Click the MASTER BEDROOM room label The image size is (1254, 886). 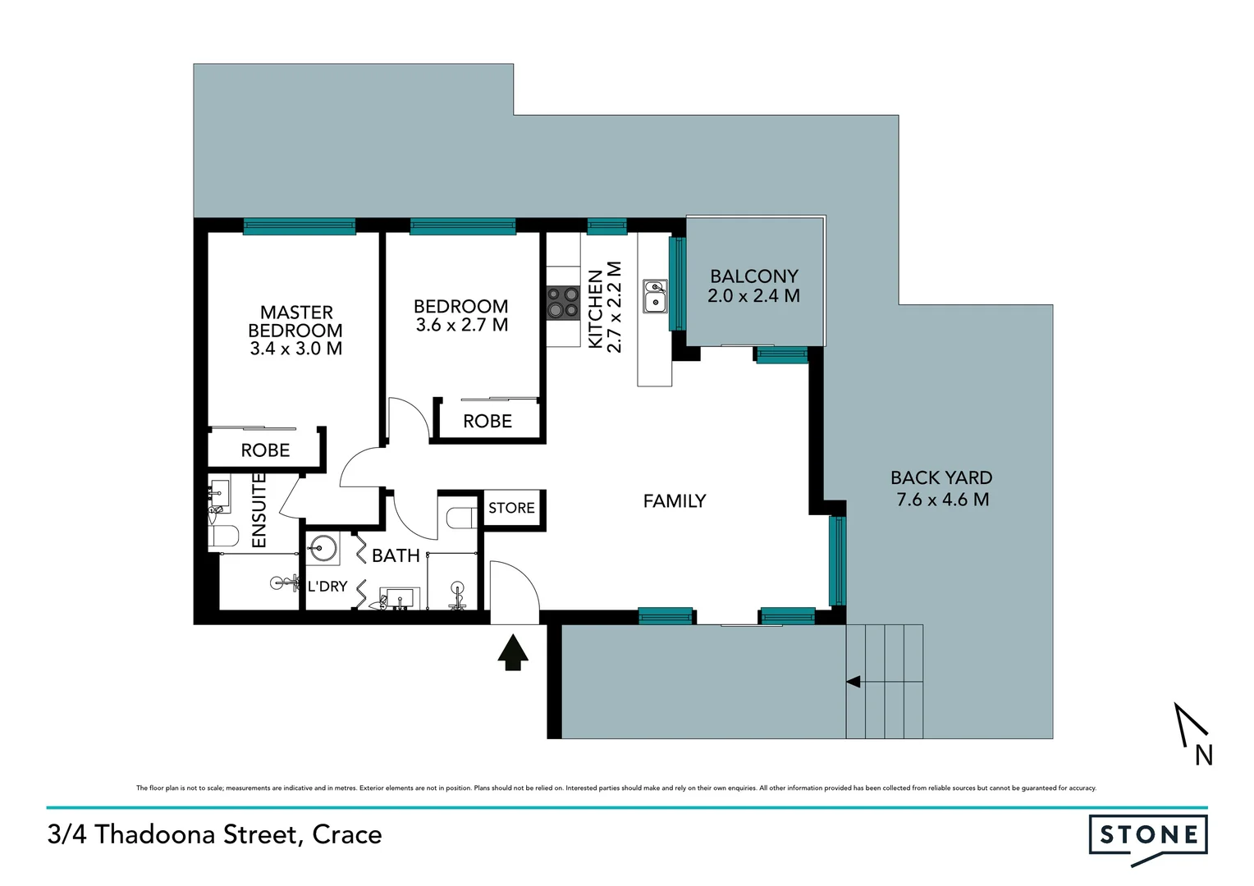tap(295, 330)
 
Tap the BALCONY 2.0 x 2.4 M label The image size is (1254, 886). tap(753, 286)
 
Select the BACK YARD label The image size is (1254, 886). tap(941, 488)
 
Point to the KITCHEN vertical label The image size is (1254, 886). tap(605, 308)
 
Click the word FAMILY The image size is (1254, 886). tap(674, 500)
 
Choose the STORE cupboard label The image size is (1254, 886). tap(511, 508)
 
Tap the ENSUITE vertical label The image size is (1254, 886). tap(259, 509)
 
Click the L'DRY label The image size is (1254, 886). tap(327, 586)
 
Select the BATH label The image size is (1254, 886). tap(396, 555)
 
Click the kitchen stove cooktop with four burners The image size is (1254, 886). tap(563, 303)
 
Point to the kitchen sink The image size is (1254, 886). tap(654, 296)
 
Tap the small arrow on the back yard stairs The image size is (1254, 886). tap(853, 681)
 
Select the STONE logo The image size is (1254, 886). tap(1147, 837)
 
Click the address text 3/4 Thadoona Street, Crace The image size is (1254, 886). tap(215, 834)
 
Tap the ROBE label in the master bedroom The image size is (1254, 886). tap(265, 450)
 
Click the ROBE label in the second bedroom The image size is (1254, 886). tap(487, 421)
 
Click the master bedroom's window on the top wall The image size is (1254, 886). tap(300, 226)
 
